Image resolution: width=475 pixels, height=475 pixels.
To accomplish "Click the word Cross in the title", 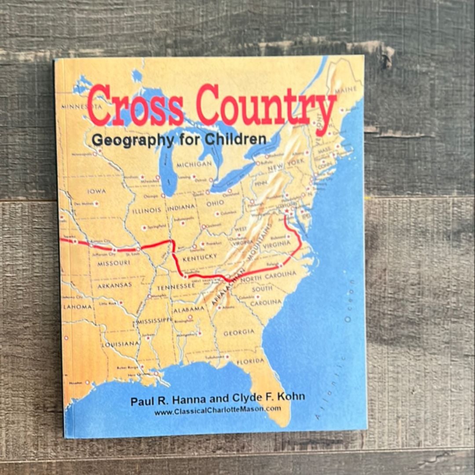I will (135, 106).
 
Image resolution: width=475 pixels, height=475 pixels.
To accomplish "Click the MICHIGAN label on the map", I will (194, 164).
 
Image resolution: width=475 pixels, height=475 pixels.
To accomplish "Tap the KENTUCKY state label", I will (200, 257).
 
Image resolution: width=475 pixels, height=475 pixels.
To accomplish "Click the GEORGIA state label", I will (239, 332).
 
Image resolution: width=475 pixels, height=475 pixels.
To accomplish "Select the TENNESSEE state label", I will (176, 286).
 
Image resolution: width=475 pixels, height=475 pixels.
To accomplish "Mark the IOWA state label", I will (96, 191).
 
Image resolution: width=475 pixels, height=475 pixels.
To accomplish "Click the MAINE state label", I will (345, 90).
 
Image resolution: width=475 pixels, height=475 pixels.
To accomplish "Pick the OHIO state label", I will (215, 203).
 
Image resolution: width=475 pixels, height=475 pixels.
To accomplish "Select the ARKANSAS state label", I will (115, 285).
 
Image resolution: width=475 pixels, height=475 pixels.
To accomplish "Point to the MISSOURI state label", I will (113, 263).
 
